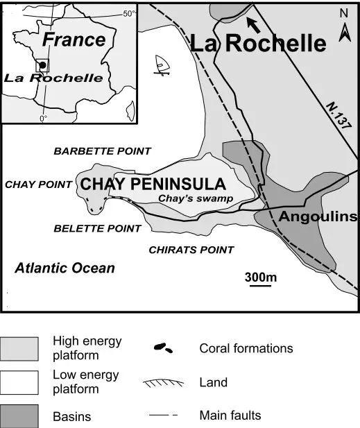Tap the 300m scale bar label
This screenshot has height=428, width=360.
click(261, 277)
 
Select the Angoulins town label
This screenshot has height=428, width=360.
click(318, 217)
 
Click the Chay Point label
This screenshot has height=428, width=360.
click(39, 185)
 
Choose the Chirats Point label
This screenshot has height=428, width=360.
click(191, 250)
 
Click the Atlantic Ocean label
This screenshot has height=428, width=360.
click(65, 268)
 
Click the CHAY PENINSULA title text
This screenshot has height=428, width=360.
click(153, 185)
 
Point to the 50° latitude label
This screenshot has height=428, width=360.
click(129, 13)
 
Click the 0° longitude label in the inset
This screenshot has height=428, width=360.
click(43, 119)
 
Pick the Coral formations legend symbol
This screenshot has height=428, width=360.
click(164, 348)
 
